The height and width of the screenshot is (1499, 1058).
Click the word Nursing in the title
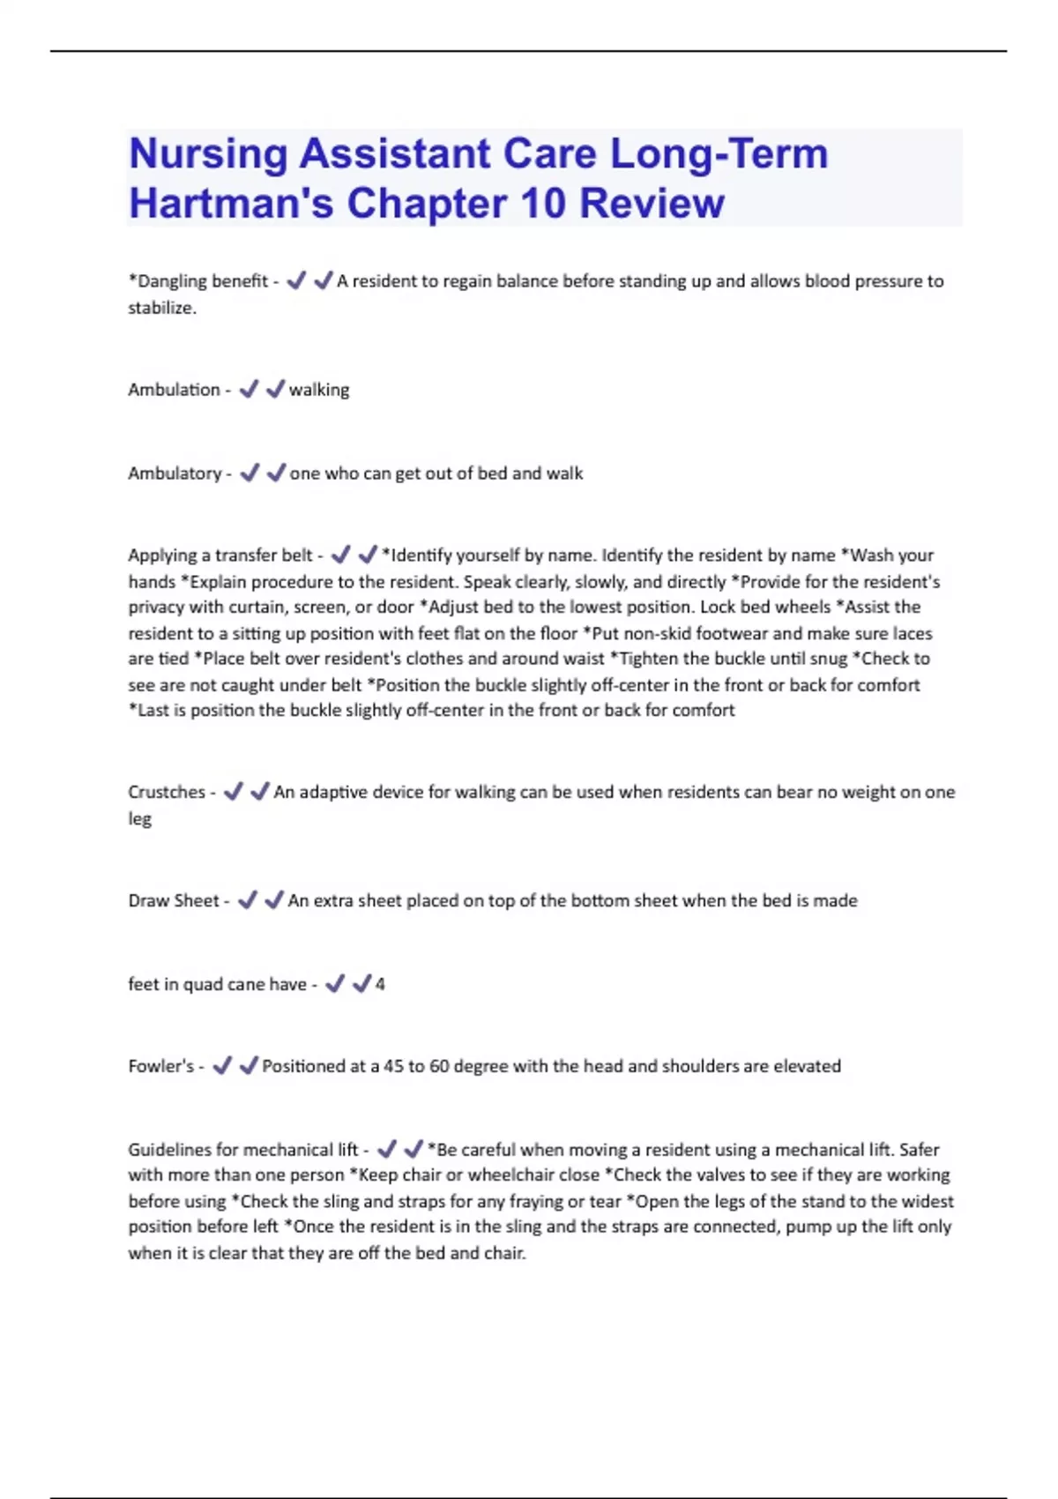point(208,154)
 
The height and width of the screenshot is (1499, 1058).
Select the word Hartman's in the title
point(231,204)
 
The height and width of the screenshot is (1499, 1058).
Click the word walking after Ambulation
point(319,390)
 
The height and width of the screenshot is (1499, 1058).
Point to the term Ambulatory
point(175,474)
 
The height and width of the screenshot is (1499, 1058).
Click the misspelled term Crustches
point(167,792)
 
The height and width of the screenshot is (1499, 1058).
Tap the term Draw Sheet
point(174,900)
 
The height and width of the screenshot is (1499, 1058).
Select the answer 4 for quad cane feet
point(380,984)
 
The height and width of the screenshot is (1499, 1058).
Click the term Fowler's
point(160,1066)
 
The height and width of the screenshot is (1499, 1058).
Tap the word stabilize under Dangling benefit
point(161,308)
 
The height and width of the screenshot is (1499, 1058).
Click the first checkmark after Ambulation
point(250,389)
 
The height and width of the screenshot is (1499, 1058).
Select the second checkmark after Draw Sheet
point(274,899)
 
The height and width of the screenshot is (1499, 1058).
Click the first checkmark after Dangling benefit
point(296,280)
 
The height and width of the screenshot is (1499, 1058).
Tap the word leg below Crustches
point(139,818)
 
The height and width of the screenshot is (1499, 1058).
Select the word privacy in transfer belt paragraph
point(155,608)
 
